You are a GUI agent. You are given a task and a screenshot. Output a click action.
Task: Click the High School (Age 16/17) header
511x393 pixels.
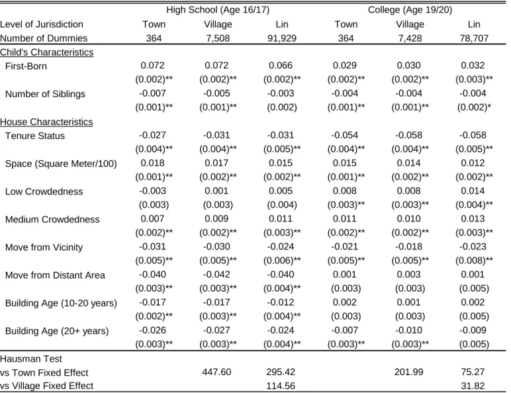218,10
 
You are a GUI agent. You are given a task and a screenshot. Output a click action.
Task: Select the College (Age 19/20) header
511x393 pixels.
410,10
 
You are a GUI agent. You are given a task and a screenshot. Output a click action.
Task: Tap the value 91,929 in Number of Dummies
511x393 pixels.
282,38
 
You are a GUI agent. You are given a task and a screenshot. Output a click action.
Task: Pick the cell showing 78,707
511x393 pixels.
474,38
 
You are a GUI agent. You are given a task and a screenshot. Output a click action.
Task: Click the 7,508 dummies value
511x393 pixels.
218,38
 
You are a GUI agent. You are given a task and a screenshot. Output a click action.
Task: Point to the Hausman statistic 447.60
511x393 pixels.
216,372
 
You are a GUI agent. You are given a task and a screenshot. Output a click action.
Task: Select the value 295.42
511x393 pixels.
281,372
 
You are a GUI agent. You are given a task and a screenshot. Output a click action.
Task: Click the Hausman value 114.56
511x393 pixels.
281,386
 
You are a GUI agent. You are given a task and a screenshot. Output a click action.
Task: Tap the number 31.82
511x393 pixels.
473,386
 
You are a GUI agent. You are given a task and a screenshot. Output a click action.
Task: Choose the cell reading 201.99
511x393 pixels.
408,372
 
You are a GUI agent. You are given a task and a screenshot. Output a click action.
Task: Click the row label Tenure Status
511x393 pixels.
35,136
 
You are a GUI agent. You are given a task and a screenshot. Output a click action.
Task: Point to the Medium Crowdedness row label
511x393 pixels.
52,219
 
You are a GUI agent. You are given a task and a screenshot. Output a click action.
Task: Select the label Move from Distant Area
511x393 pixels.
55,275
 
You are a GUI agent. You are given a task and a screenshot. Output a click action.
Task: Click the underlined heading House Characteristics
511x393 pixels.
46,122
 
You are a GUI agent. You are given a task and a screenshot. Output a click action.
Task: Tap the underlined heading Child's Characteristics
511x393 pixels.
46,52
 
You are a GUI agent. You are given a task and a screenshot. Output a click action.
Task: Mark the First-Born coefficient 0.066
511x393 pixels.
281,65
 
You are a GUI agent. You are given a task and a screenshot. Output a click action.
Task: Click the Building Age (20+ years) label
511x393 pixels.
57,331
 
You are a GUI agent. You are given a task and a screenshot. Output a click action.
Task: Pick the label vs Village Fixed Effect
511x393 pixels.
46,386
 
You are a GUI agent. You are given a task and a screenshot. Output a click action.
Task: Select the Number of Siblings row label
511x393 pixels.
45,94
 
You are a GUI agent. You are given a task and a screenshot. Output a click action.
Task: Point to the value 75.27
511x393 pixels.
473,372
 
